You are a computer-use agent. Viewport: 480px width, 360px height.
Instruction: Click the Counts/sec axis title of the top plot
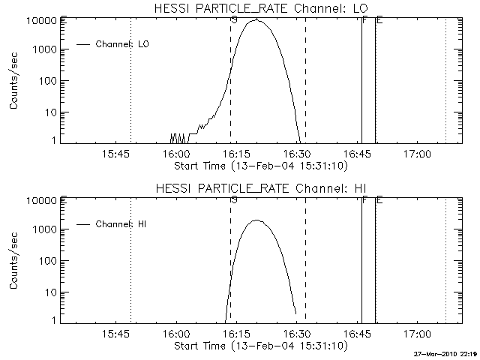[x=14, y=81]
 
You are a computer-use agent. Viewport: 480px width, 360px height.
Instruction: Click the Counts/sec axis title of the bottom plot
[x=14, y=261]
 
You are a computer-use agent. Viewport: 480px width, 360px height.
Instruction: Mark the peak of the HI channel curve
[x=256, y=220]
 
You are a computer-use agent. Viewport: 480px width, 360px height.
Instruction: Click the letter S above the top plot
[x=234, y=19]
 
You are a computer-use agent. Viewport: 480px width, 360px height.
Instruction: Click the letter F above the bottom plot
[x=364, y=199]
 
